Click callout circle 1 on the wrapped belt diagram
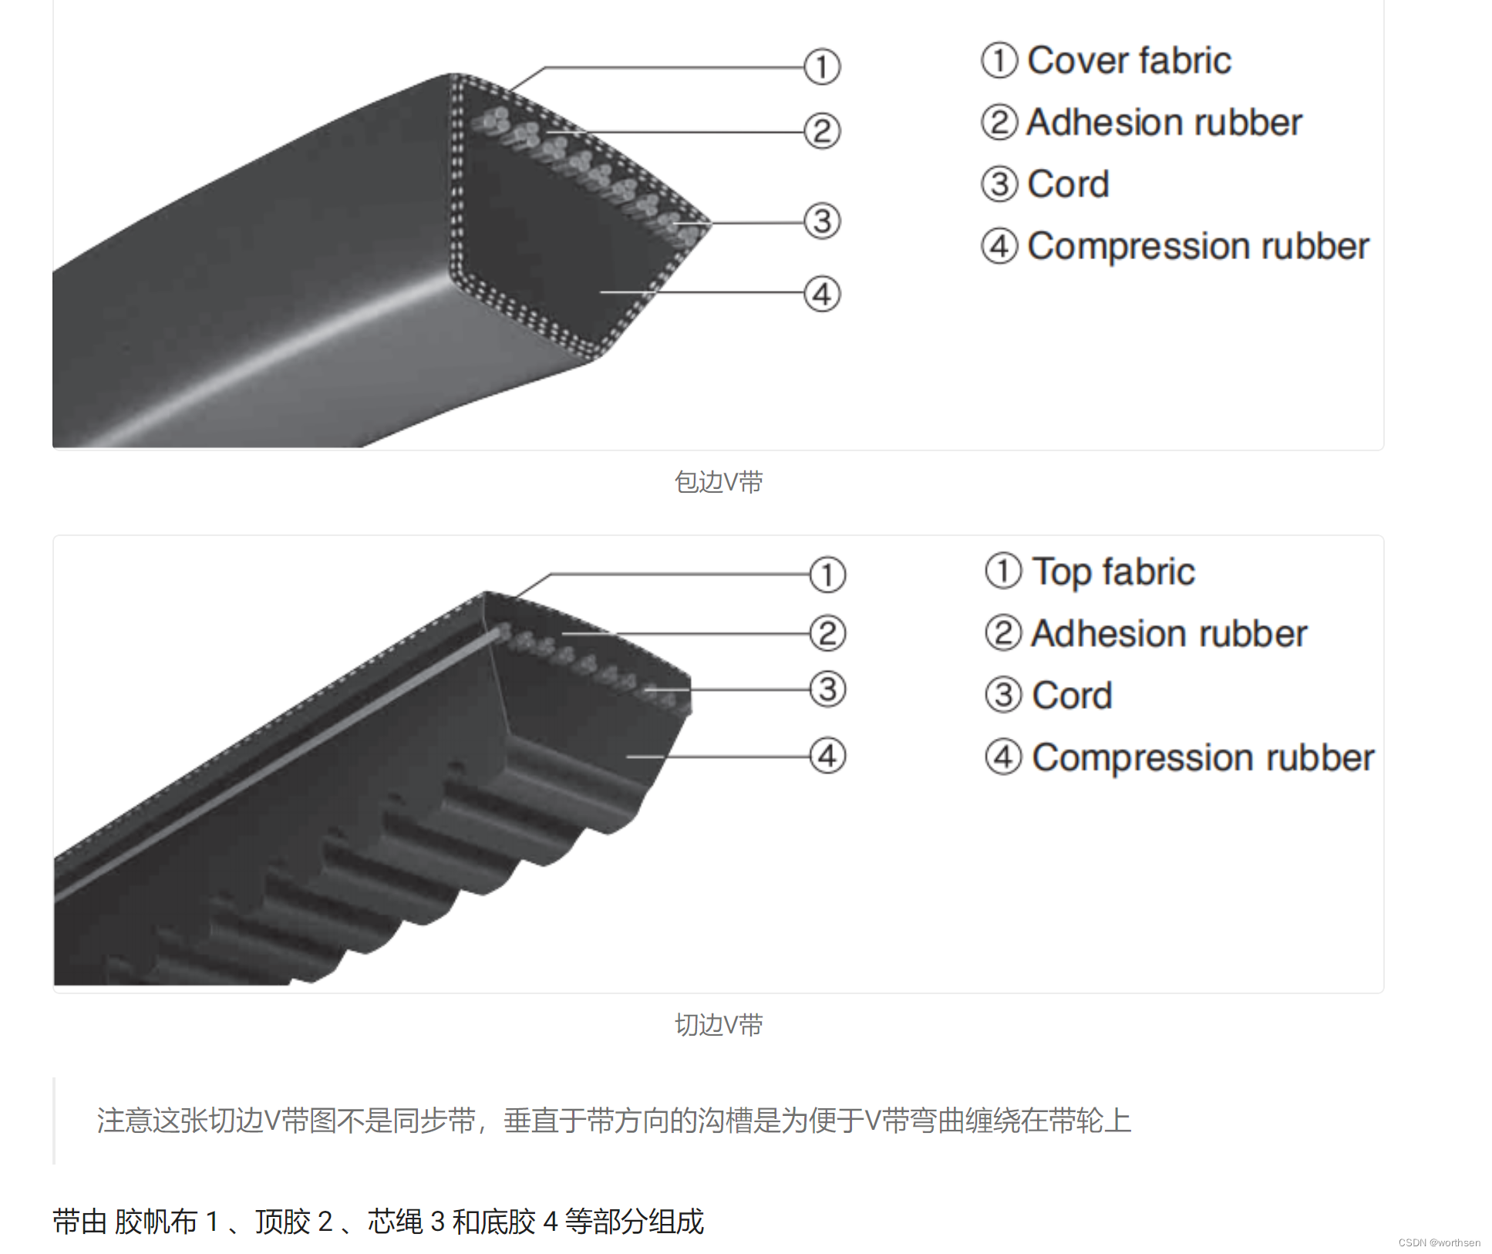822,67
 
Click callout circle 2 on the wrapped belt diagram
822,131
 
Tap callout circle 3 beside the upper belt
822,221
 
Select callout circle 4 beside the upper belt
822,294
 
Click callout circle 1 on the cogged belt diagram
827,575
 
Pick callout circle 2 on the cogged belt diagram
827,633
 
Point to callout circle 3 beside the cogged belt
827,689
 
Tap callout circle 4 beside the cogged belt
827,756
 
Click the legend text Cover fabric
1129,61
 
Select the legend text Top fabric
1113,572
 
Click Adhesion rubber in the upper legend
1164,123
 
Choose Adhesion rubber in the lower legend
1169,634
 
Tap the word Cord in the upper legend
1068,184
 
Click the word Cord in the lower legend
1072,696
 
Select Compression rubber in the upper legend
1198,247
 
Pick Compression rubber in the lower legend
1203,758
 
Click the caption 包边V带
719,482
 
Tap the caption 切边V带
719,1025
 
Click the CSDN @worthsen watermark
1439,1242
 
